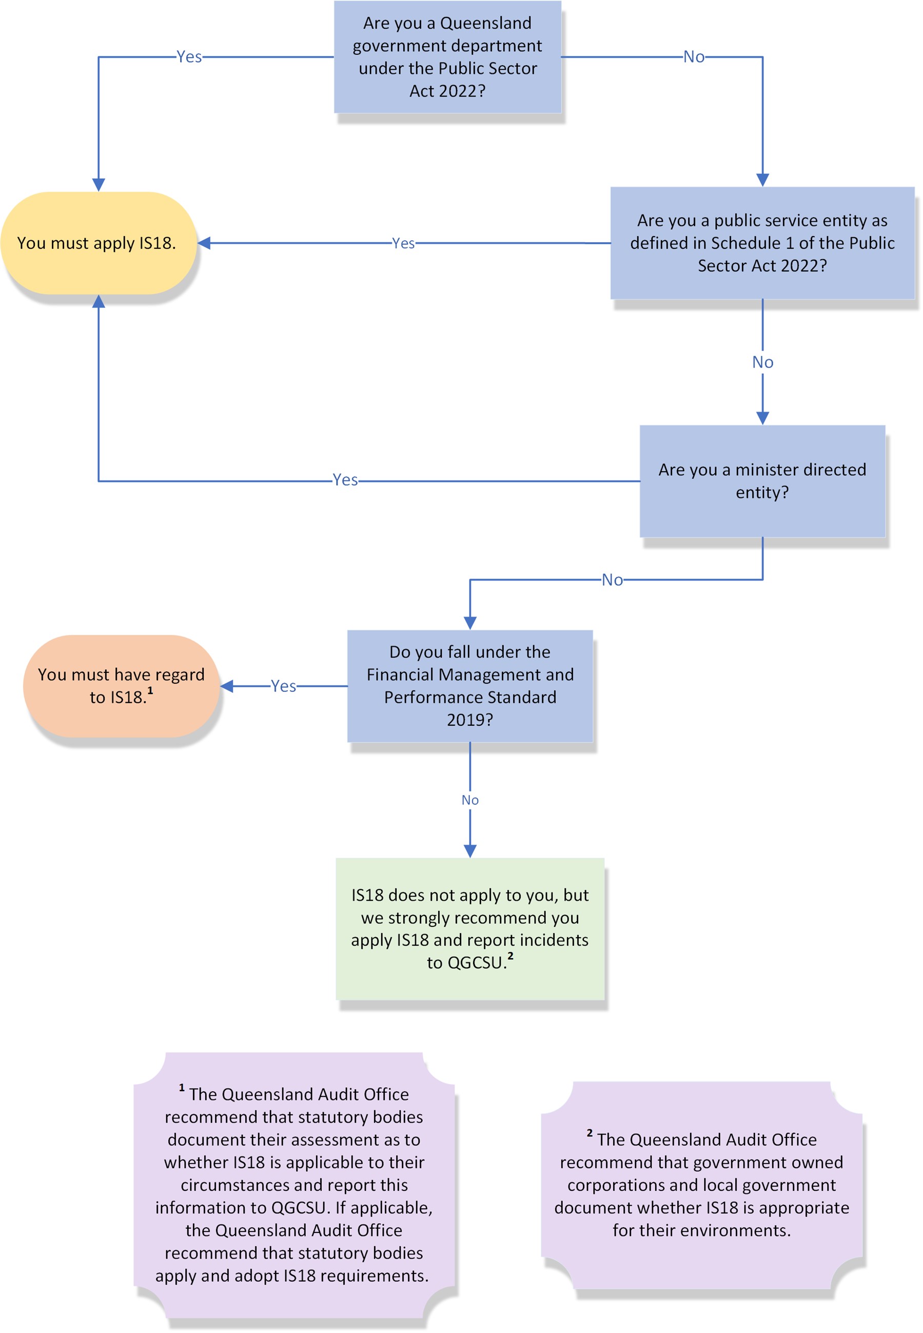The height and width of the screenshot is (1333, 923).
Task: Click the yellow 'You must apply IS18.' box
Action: pyautogui.click(x=99, y=243)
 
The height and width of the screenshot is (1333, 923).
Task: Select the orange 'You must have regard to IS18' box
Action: pyautogui.click(x=121, y=686)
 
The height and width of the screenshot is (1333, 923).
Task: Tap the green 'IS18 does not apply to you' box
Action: pyautogui.click(x=469, y=929)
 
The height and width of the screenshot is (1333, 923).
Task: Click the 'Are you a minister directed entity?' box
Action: pyautogui.click(x=762, y=481)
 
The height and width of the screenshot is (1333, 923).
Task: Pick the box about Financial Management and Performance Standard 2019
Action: pyautogui.click(x=469, y=686)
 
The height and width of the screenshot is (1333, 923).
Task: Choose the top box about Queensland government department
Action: pyautogui.click(x=447, y=56)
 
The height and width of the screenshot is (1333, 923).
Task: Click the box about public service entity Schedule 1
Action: pyautogui.click(x=762, y=243)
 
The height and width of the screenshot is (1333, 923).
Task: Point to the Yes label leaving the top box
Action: pyautogui.click(x=189, y=56)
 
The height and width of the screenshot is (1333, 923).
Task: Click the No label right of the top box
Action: pyautogui.click(x=694, y=56)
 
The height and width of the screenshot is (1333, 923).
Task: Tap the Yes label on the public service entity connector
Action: pyautogui.click(x=403, y=243)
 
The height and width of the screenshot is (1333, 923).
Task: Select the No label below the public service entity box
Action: pyautogui.click(x=762, y=362)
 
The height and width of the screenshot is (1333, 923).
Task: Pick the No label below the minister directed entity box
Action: pyautogui.click(x=612, y=579)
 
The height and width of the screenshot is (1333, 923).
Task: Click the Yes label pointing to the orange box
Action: pyautogui.click(x=283, y=686)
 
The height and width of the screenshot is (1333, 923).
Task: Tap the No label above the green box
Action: pyautogui.click(x=469, y=800)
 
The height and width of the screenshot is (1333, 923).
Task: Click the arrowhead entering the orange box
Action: pyautogui.click(x=227, y=686)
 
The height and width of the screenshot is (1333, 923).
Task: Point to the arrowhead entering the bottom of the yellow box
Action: pyautogui.click(x=99, y=301)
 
